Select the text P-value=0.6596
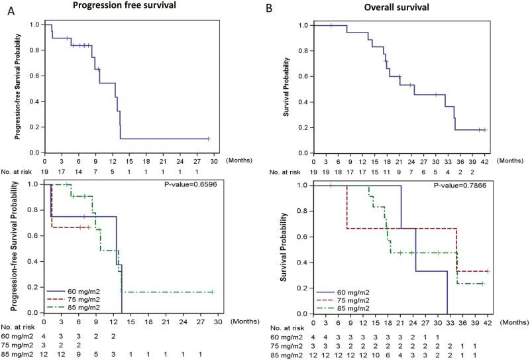coord(203,187)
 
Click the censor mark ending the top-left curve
coord(208,139)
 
